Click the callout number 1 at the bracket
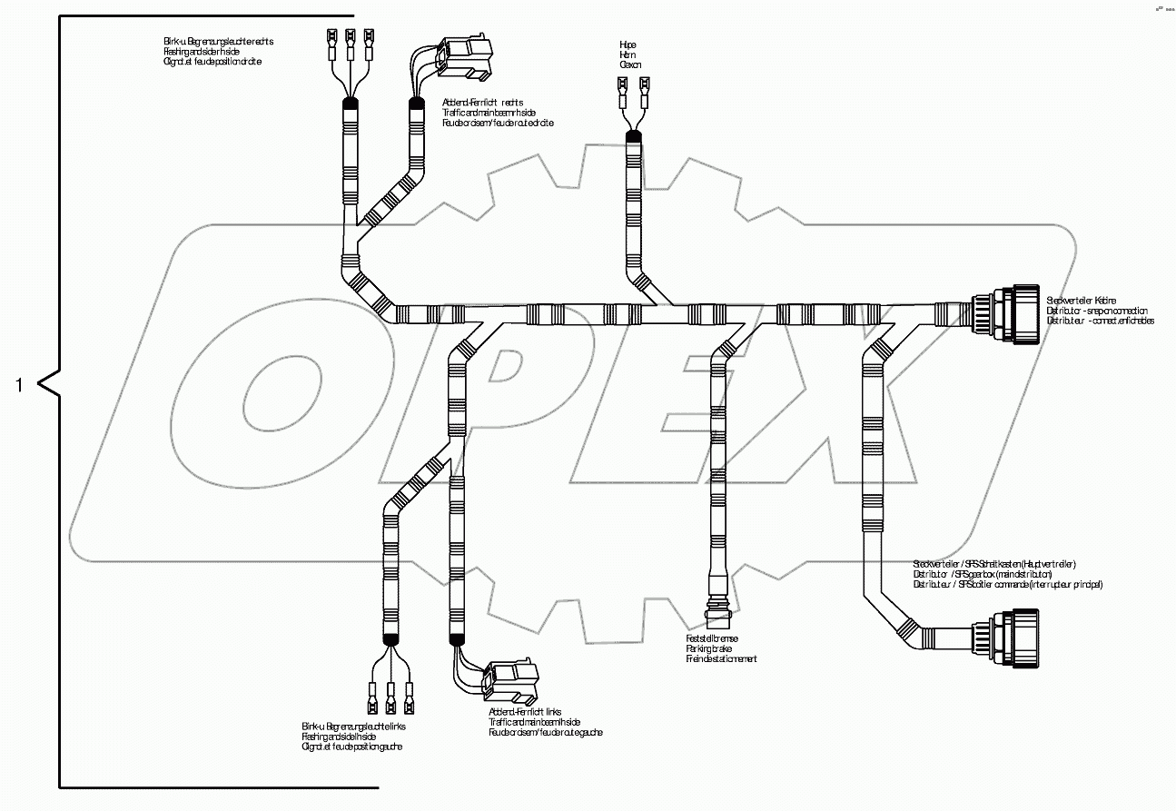click(19, 385)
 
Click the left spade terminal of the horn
click(622, 88)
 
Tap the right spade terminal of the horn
click(645, 88)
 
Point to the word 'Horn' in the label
click(628, 54)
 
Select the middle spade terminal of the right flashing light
click(350, 41)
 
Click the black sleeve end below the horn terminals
click(633, 136)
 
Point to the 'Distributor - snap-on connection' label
click(1096, 311)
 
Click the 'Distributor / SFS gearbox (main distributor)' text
click(982, 574)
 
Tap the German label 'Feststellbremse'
click(712, 638)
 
